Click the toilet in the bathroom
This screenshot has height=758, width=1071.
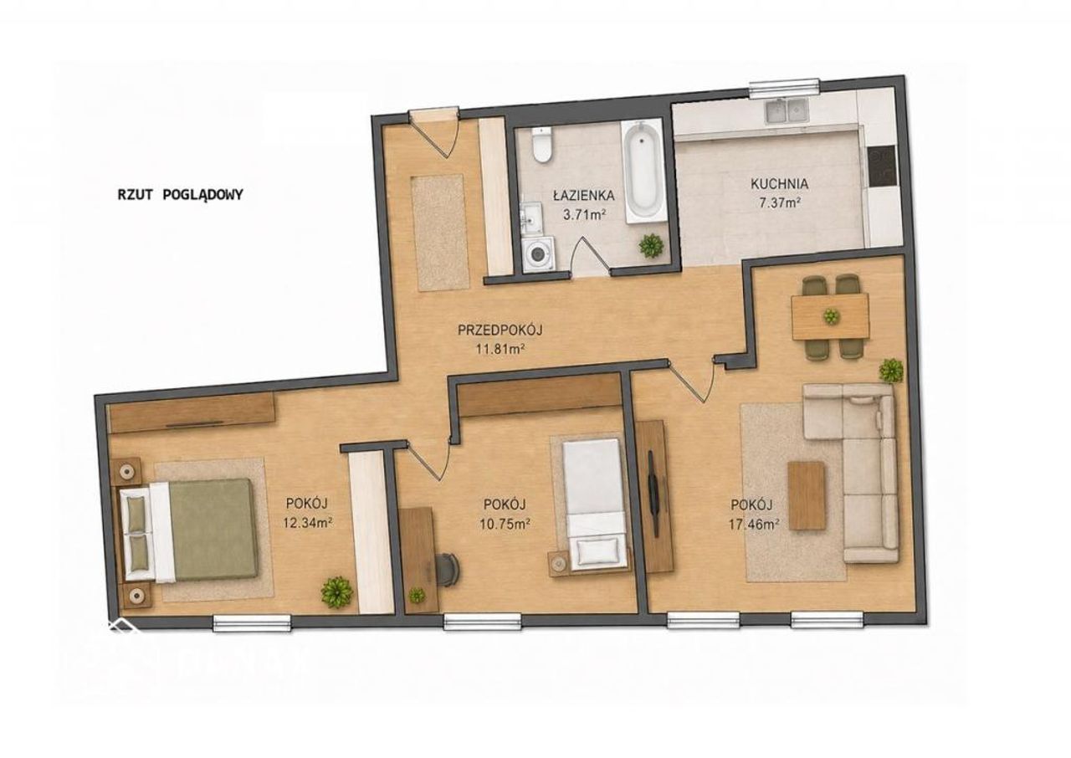tap(542, 144)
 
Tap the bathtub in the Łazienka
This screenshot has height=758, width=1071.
tap(643, 172)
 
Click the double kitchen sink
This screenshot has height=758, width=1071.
tap(787, 111)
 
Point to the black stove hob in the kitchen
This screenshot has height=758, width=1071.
tap(883, 166)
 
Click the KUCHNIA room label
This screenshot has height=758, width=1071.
tap(779, 183)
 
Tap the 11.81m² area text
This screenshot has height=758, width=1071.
tap(500, 349)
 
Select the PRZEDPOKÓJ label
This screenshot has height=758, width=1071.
tap(500, 330)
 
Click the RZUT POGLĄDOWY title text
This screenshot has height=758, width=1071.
tap(180, 194)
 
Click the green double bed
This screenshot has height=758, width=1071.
tap(188, 530)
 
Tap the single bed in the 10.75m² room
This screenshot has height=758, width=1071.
tap(595, 504)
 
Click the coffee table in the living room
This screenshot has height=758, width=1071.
tap(807, 495)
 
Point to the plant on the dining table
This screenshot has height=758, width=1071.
tap(831, 316)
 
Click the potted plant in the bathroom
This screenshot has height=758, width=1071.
tap(651, 246)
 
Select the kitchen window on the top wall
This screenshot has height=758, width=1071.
tap(784, 90)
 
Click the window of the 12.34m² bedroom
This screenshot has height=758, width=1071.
tap(252, 623)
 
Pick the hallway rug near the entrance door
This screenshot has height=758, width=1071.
tap(441, 233)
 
